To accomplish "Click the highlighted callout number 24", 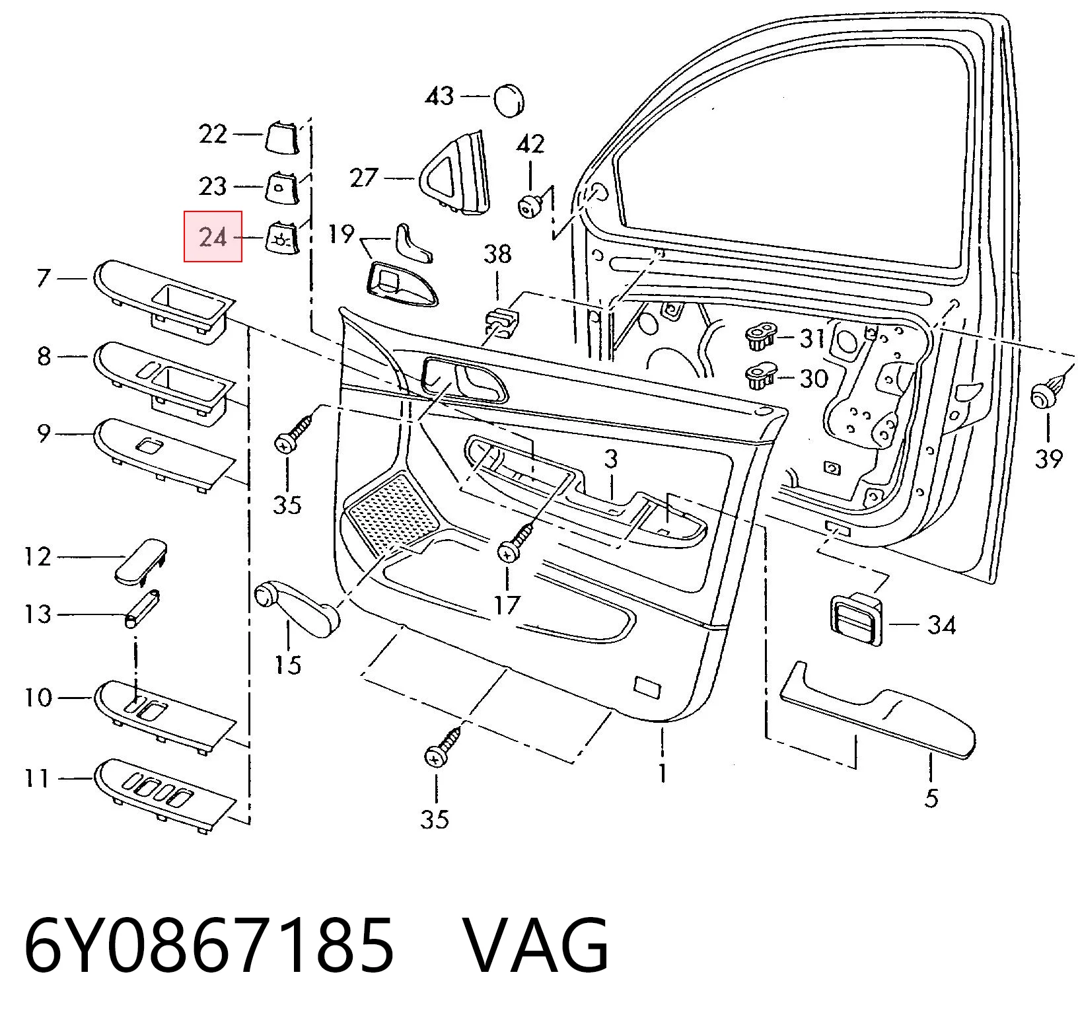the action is click(x=213, y=237).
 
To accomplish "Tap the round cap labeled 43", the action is click(x=509, y=100).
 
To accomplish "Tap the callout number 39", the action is click(x=1048, y=458).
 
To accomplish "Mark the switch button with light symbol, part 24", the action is click(x=280, y=237).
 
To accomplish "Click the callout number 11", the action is click(x=37, y=778).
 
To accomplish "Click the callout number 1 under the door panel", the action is click(x=663, y=773).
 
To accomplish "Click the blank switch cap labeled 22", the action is click(x=281, y=136).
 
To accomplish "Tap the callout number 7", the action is click(x=43, y=278).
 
